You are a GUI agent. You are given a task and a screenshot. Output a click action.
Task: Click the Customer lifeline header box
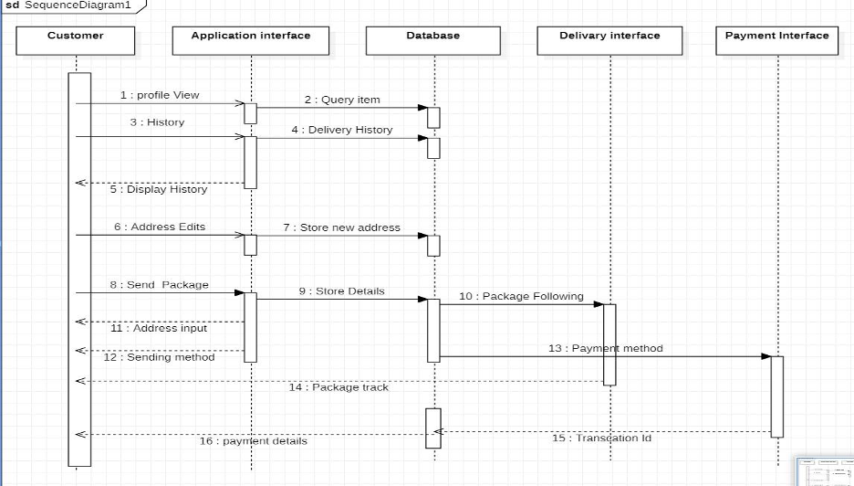[x=76, y=40]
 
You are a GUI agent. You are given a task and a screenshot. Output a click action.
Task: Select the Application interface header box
[x=251, y=40]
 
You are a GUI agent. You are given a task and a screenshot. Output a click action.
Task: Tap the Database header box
[x=433, y=40]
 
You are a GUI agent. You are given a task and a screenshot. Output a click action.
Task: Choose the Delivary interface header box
[x=609, y=40]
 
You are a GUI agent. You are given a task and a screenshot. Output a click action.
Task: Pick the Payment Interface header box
[x=777, y=40]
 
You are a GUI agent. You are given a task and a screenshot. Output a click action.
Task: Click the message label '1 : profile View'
[x=160, y=95]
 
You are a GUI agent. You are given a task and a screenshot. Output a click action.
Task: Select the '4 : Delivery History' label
[x=342, y=130]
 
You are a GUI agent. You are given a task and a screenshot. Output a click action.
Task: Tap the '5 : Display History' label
[x=160, y=190]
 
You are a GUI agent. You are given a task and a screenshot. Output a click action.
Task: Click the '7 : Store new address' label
[x=342, y=227]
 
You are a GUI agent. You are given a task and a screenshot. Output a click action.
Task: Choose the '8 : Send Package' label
[x=160, y=285]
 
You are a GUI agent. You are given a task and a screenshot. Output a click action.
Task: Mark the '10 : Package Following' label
[x=521, y=296]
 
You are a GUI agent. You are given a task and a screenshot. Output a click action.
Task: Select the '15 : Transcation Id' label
[x=601, y=438]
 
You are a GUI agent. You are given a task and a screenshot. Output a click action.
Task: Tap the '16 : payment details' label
[x=254, y=441]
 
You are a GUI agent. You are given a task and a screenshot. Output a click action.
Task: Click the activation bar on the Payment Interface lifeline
[x=777, y=396]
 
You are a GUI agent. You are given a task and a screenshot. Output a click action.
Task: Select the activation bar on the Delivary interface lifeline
[x=609, y=344]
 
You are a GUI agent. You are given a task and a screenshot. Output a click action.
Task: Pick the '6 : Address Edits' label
[x=160, y=227]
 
